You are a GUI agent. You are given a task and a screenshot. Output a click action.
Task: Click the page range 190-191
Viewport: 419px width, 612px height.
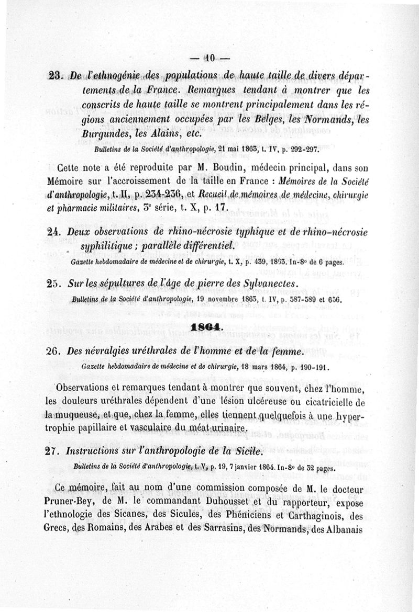(x=312, y=367)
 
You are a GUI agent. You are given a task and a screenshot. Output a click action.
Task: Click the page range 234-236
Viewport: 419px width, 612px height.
(x=158, y=195)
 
